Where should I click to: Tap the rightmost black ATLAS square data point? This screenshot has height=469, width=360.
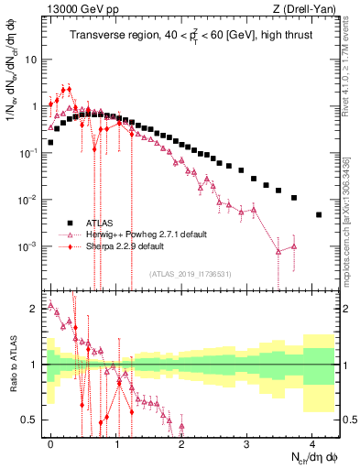pos(319,214)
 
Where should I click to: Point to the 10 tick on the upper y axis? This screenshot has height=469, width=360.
pos(32,59)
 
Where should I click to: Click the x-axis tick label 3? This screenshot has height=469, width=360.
pos(247,442)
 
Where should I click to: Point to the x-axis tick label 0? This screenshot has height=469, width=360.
pos(51,442)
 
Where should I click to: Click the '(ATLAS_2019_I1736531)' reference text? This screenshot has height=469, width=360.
pos(191,274)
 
